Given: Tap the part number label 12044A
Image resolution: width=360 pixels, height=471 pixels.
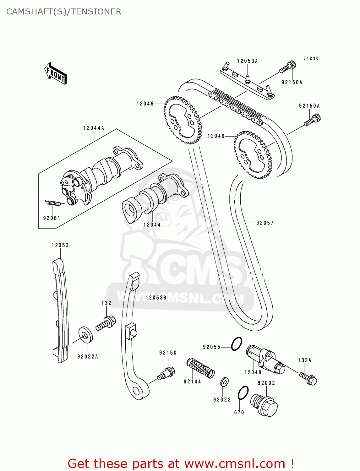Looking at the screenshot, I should (x=94, y=128).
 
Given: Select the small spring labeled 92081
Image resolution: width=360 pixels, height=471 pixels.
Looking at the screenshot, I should (x=53, y=203).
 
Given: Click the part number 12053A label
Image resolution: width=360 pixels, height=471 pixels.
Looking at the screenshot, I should (x=247, y=61).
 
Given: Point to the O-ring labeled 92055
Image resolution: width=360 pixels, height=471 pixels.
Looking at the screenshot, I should (x=236, y=344).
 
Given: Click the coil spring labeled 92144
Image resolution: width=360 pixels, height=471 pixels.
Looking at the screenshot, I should (x=200, y=367).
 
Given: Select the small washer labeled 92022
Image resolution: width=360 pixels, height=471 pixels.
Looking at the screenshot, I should (x=224, y=382).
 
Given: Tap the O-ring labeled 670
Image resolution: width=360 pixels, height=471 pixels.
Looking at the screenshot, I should (x=243, y=393).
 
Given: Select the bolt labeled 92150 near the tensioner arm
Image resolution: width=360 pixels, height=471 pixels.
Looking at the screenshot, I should (x=166, y=374).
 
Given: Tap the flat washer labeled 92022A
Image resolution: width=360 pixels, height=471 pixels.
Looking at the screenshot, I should (x=85, y=335).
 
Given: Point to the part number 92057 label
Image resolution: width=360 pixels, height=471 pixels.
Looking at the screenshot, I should (x=265, y=223).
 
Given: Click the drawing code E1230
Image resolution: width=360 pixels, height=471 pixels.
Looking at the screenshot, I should (x=311, y=58).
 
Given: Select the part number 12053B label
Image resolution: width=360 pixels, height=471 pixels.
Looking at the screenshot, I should (x=156, y=298).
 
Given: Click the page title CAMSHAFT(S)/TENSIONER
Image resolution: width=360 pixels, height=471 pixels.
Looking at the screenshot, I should (x=64, y=12).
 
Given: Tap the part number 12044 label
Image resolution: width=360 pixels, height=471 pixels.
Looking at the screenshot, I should (x=152, y=225).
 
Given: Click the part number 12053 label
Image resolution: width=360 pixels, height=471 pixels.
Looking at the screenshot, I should (x=60, y=245).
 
